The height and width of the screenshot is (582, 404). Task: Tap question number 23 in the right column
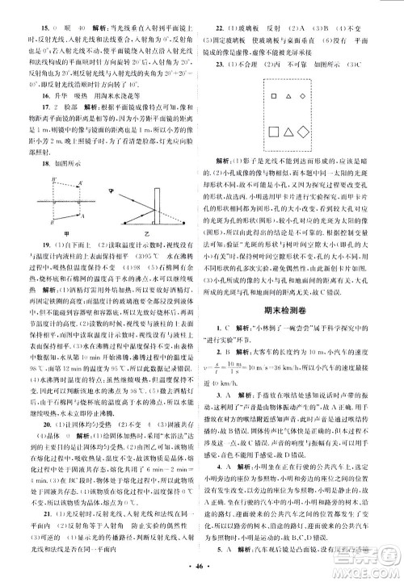pos(217,52)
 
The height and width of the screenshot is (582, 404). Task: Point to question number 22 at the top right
pos(217,15)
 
